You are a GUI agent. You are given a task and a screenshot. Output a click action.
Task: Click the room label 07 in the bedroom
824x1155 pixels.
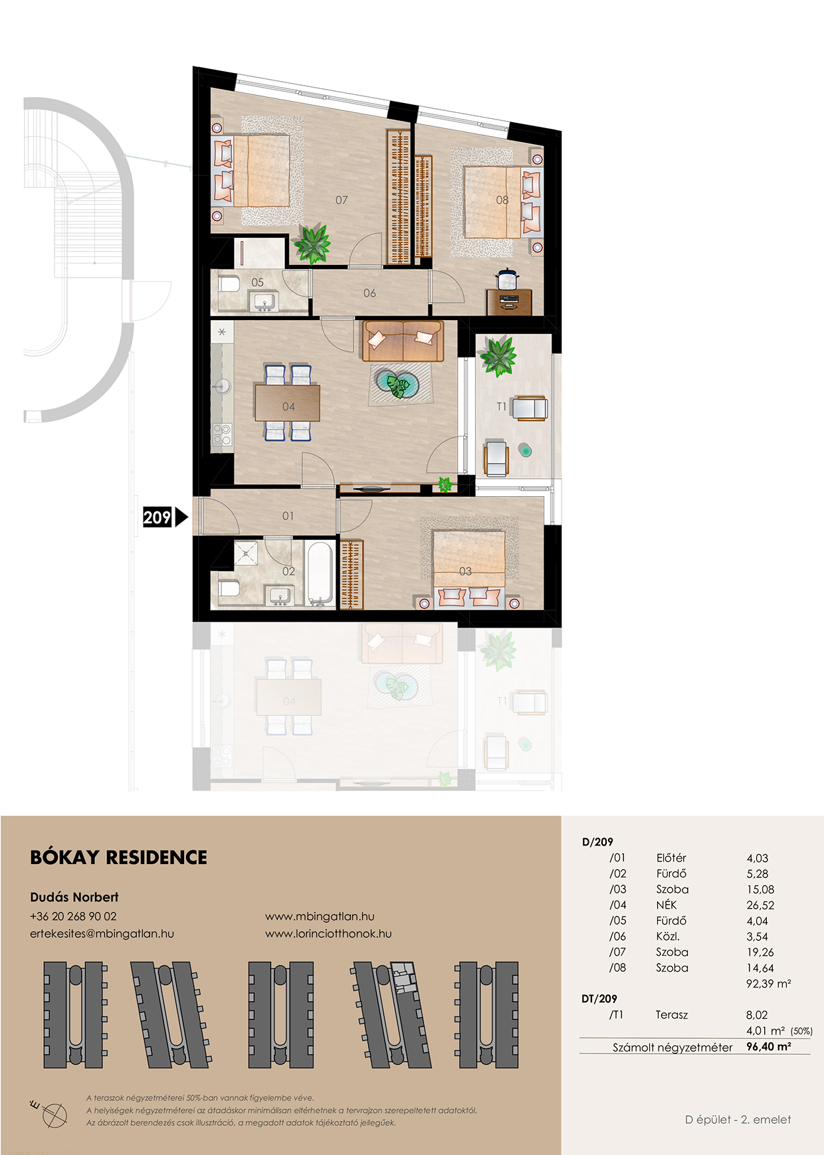(x=342, y=200)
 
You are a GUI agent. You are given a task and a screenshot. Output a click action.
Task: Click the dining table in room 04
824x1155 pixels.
(x=287, y=403)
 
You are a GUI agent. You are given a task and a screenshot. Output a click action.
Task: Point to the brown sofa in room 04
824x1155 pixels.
(x=403, y=341)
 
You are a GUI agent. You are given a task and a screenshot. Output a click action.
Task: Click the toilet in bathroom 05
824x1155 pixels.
(x=229, y=285)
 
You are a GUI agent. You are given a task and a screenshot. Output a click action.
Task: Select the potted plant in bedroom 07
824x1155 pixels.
(x=312, y=244)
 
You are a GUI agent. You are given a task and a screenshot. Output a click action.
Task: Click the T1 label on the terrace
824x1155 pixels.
(x=502, y=406)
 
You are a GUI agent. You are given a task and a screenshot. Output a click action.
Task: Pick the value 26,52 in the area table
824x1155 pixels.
(x=760, y=905)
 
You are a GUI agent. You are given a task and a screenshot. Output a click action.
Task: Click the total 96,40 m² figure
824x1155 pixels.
(x=769, y=1047)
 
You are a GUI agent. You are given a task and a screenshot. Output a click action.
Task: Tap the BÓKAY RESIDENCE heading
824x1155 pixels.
(x=119, y=857)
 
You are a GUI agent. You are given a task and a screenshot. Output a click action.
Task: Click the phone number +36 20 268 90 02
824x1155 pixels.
(x=73, y=916)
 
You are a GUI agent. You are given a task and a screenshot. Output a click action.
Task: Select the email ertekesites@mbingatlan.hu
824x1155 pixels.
(x=102, y=934)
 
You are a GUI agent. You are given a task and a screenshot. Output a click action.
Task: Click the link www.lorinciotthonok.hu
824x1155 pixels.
(x=328, y=934)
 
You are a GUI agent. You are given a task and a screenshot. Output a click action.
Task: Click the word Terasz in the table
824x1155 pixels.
(x=672, y=1015)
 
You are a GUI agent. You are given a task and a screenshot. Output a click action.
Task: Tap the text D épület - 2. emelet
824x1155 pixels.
(x=738, y=1120)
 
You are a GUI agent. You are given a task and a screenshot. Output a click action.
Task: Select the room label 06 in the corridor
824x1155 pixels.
(x=369, y=293)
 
